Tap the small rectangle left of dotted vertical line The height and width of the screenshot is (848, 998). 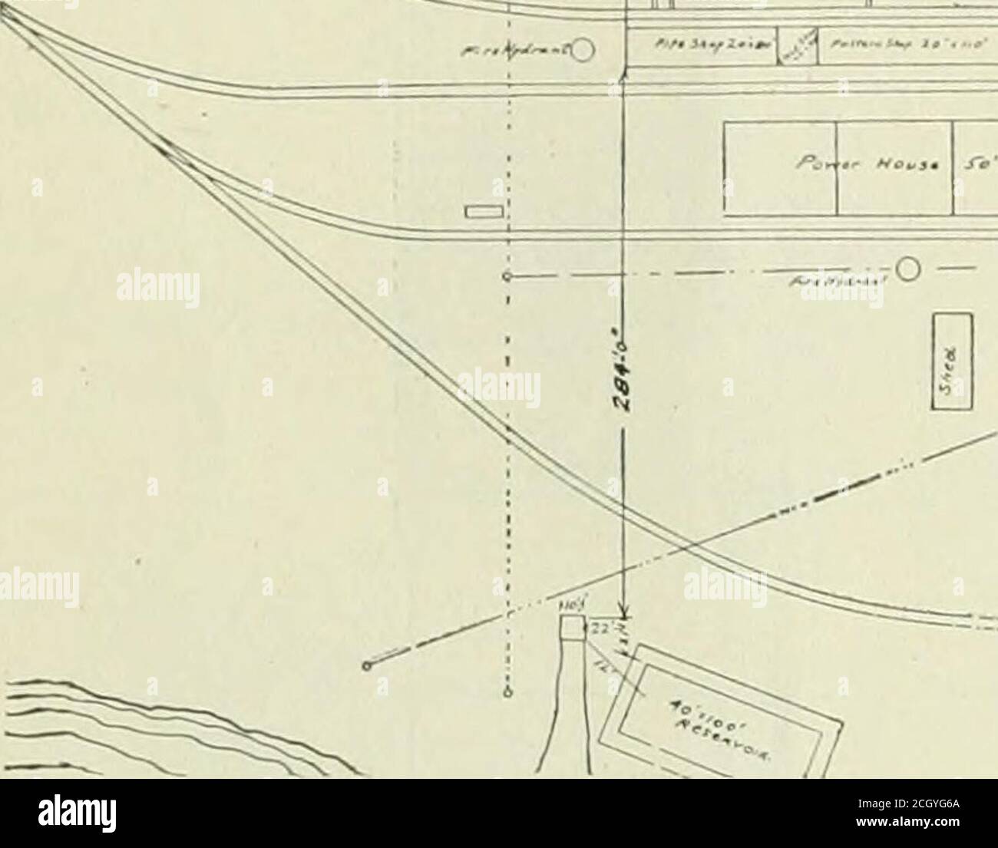click(484, 211)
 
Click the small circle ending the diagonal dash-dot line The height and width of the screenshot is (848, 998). click(368, 665)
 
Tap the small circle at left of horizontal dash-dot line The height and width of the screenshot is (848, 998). click(507, 276)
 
